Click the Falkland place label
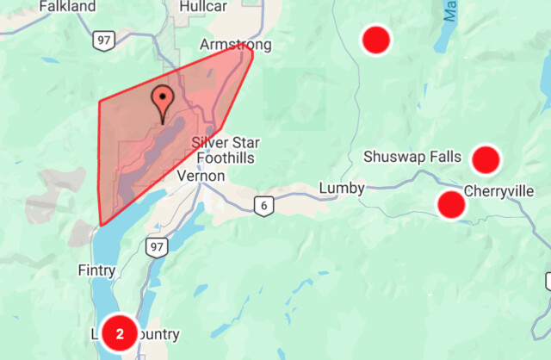click(68, 6)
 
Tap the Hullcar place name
click(204, 6)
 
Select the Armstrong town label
click(235, 44)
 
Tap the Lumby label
click(342, 188)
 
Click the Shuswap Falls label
click(412, 157)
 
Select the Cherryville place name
click(498, 191)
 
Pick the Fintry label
click(96, 268)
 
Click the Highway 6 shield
click(263, 205)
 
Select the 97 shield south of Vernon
click(156, 248)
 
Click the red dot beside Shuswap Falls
click(486, 159)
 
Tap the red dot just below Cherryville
click(451, 205)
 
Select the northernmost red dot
click(375, 39)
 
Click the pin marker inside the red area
click(162, 100)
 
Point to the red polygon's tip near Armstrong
click(251, 47)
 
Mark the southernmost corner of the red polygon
click(102, 225)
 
